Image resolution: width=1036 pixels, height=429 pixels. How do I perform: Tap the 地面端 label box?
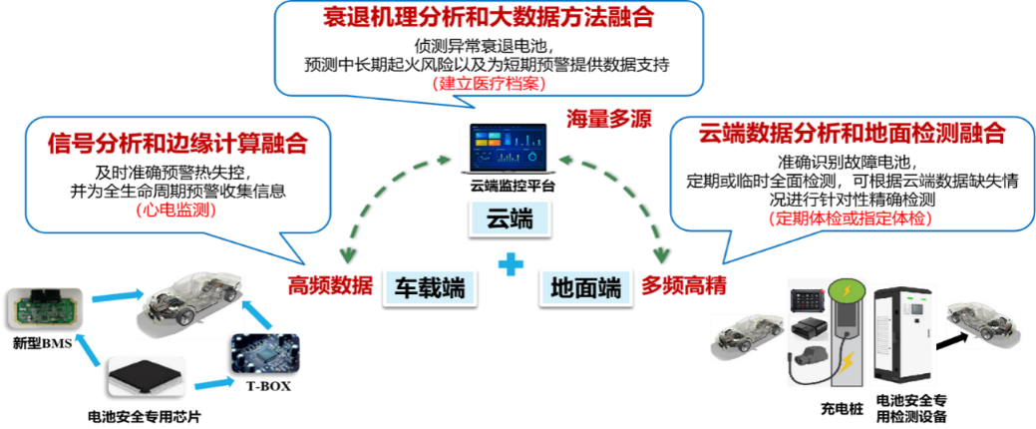(584, 288)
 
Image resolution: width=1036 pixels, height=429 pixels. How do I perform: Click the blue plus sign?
(511, 265)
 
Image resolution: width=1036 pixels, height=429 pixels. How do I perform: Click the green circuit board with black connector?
(44, 306)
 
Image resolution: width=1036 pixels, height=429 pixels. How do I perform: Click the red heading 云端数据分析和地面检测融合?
(851, 134)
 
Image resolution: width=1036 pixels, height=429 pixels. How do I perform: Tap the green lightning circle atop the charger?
(847, 291)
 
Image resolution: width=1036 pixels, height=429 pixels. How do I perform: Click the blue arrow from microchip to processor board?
(211, 382)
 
